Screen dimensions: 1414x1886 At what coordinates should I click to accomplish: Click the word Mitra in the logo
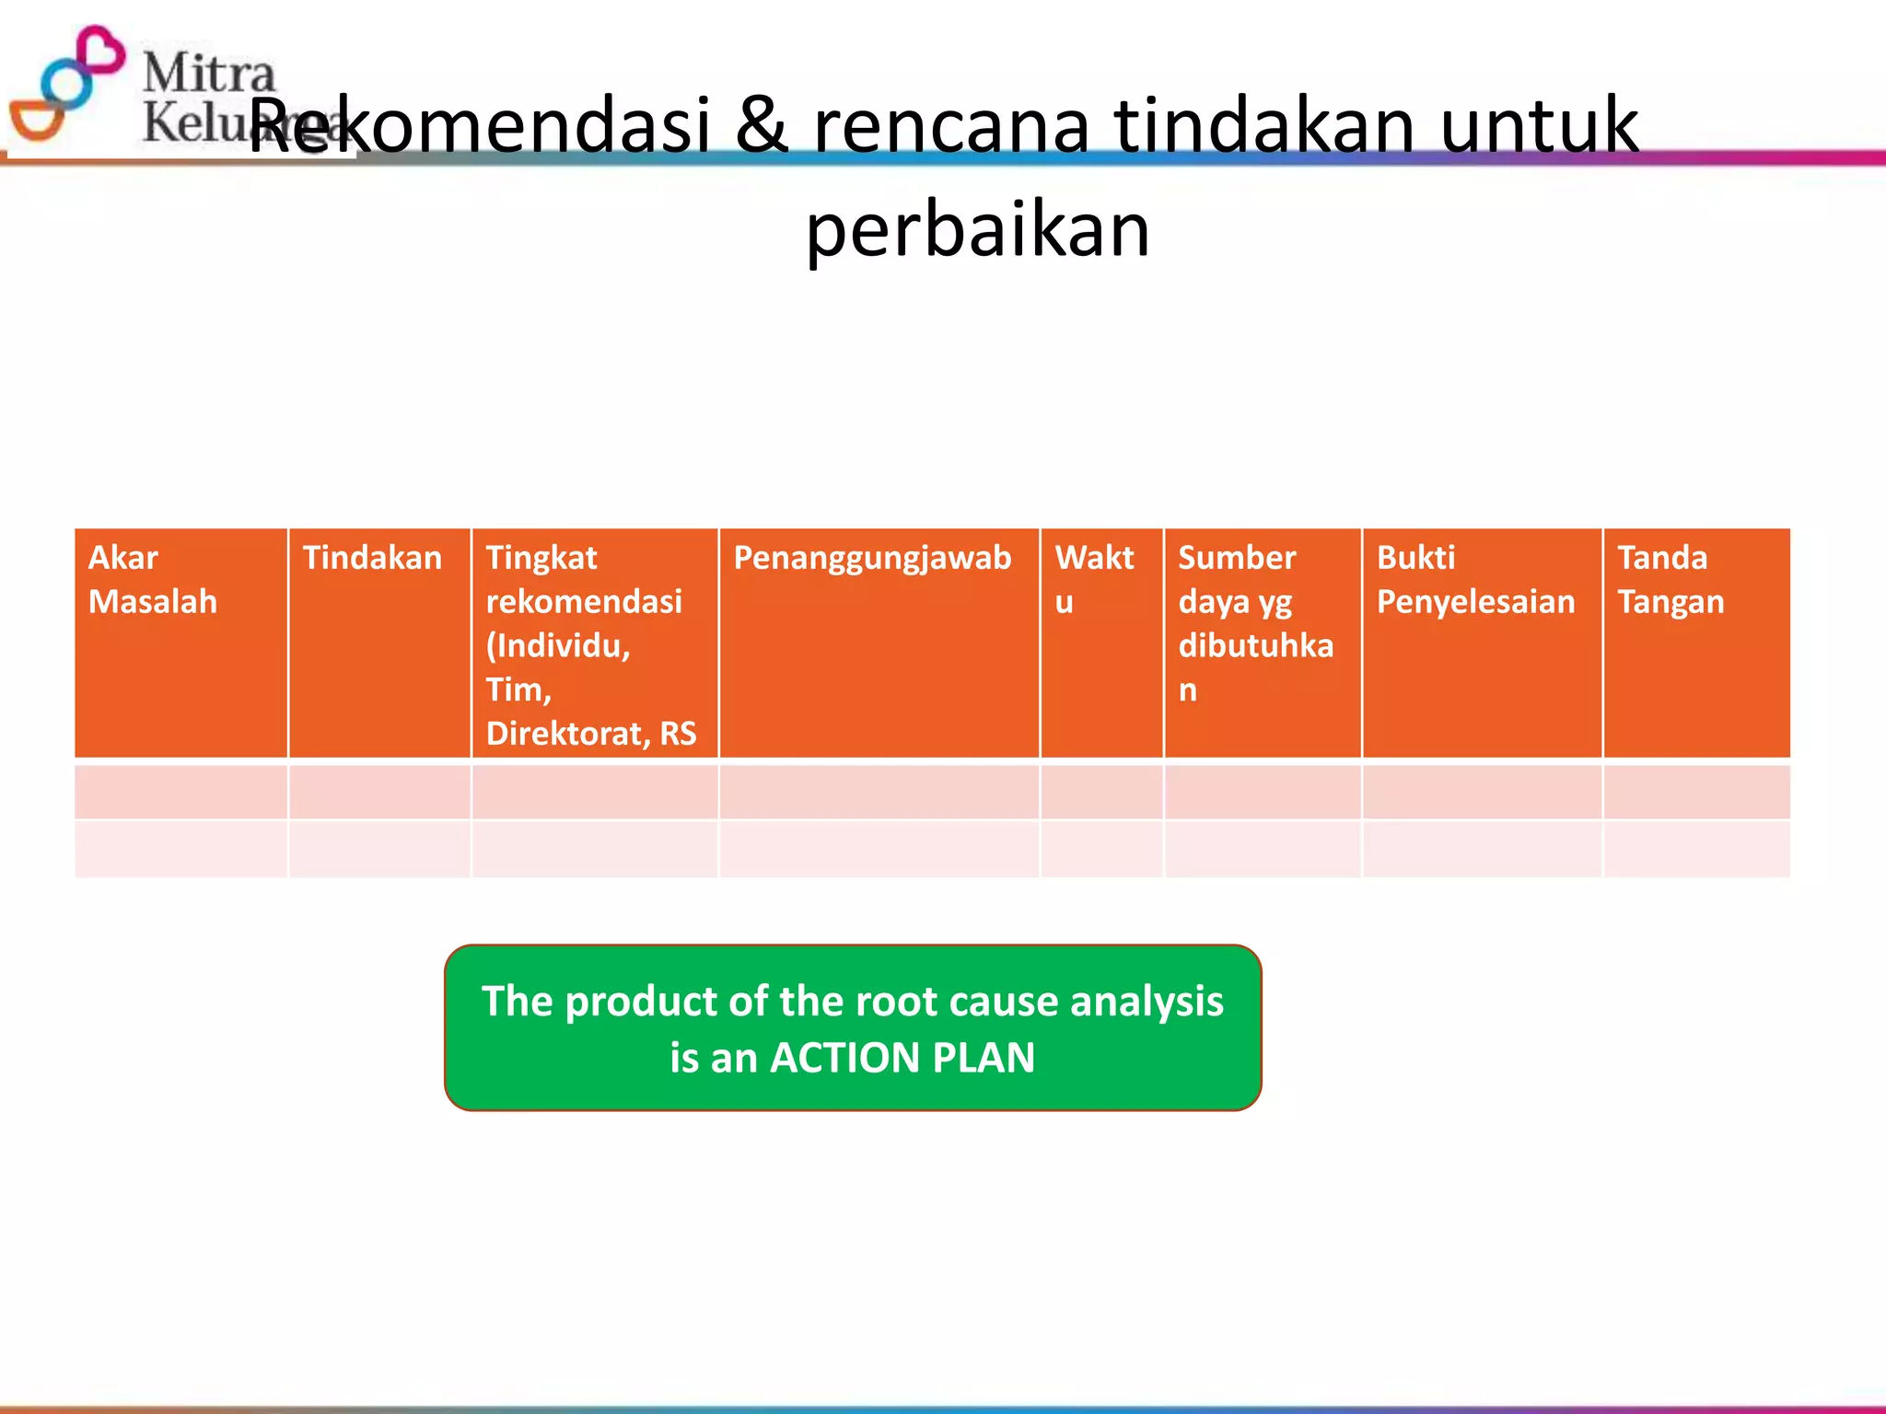click(209, 72)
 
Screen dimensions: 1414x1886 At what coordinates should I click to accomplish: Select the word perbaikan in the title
click(977, 230)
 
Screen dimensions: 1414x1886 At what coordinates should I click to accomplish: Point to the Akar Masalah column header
click(153, 580)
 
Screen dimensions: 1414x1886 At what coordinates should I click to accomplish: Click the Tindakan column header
click(372, 558)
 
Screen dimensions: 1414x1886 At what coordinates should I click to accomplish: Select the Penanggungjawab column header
click(871, 558)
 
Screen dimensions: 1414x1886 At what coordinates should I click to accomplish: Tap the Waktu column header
click(1094, 578)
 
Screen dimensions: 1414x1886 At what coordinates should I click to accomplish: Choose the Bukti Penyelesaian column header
click(1474, 580)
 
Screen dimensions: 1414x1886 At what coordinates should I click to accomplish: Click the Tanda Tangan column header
click(1670, 580)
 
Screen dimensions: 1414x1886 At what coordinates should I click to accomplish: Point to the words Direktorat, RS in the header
click(590, 734)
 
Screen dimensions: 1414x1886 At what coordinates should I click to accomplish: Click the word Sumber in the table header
click(1237, 558)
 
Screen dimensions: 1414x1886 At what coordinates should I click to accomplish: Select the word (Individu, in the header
click(558, 645)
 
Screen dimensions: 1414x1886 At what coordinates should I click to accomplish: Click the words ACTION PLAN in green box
click(902, 1058)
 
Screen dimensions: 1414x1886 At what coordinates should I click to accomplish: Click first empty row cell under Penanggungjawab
click(879, 792)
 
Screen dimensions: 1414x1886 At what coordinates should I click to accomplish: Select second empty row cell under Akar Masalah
click(180, 849)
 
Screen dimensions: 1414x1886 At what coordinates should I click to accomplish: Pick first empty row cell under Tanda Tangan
click(1696, 792)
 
